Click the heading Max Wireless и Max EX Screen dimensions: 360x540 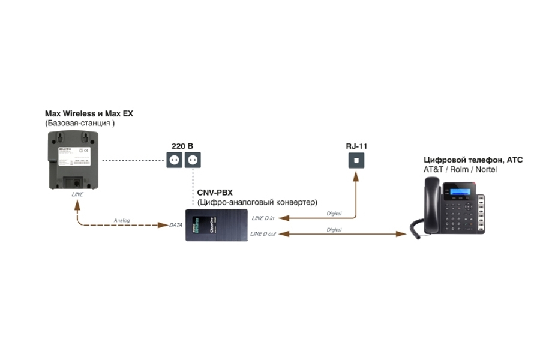[x=89, y=113]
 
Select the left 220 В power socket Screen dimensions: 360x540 [x=175, y=160]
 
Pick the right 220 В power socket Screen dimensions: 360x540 [x=192, y=160]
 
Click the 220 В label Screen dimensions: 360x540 [x=182, y=146]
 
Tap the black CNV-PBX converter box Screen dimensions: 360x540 [x=217, y=225]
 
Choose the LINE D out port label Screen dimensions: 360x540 [x=264, y=233]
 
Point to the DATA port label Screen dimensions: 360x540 [x=176, y=225]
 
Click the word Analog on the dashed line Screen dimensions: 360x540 [x=122, y=220]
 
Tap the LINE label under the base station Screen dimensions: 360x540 [x=77, y=194]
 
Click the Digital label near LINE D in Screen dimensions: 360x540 [x=334, y=213]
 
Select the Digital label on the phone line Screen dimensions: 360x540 [x=334, y=229]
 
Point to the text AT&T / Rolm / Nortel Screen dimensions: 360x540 [x=460, y=170]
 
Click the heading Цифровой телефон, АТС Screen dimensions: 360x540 [x=473, y=160]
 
